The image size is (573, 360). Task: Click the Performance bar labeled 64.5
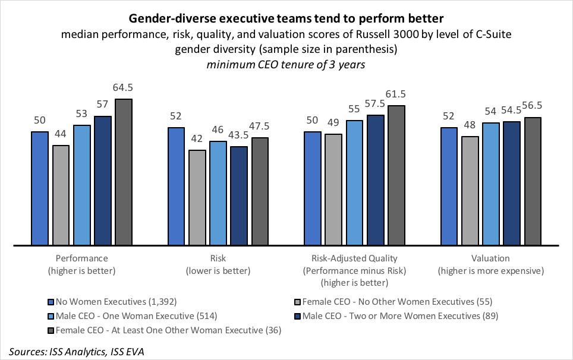click(123, 172)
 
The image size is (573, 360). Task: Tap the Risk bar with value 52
click(177, 186)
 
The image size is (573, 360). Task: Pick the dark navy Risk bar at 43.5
click(239, 195)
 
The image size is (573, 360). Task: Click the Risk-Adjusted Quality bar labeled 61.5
click(396, 175)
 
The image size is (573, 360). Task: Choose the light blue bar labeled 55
click(355, 183)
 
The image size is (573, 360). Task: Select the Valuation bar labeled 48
click(470, 191)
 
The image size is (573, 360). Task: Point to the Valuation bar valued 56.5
click(533, 181)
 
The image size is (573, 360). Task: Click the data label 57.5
click(376, 104)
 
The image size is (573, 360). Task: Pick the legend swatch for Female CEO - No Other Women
click(297, 301)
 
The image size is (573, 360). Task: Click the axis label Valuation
click(490, 258)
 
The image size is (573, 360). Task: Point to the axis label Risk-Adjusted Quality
click(354, 258)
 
